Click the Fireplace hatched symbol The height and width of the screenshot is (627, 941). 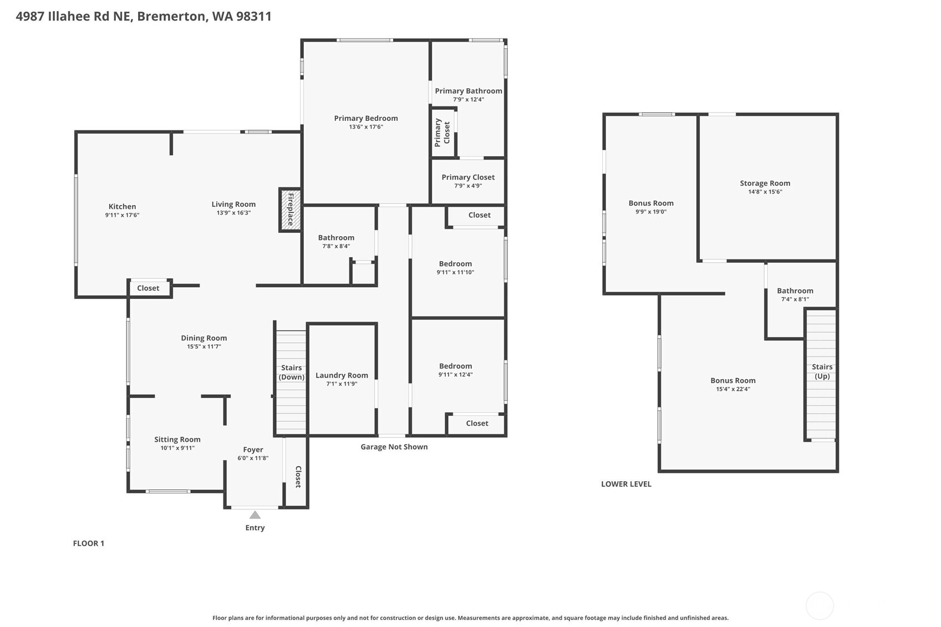click(290, 210)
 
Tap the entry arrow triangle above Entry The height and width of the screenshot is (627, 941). click(255, 515)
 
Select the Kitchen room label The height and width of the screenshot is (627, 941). click(122, 206)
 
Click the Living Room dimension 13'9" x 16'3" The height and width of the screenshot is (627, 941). click(233, 213)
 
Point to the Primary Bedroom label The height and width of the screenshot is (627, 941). click(365, 118)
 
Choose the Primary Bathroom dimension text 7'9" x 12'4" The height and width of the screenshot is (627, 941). click(468, 100)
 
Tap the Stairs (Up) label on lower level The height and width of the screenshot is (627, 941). click(822, 371)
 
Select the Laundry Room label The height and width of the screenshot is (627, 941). click(342, 375)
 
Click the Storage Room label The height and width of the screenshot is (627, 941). click(765, 183)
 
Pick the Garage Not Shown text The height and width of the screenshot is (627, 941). click(394, 447)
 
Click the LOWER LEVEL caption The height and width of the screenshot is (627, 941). click(626, 484)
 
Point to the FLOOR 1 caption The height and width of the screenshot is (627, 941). click(89, 543)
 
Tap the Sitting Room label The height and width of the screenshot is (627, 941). click(177, 439)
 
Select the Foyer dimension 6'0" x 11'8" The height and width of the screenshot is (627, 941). click(253, 458)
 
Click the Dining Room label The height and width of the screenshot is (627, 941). click(204, 338)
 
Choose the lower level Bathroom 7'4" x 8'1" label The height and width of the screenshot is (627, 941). click(795, 294)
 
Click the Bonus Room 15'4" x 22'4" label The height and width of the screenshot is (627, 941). click(733, 384)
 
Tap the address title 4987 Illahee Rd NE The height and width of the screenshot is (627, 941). click(144, 16)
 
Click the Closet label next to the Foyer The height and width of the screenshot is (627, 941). click(298, 477)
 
